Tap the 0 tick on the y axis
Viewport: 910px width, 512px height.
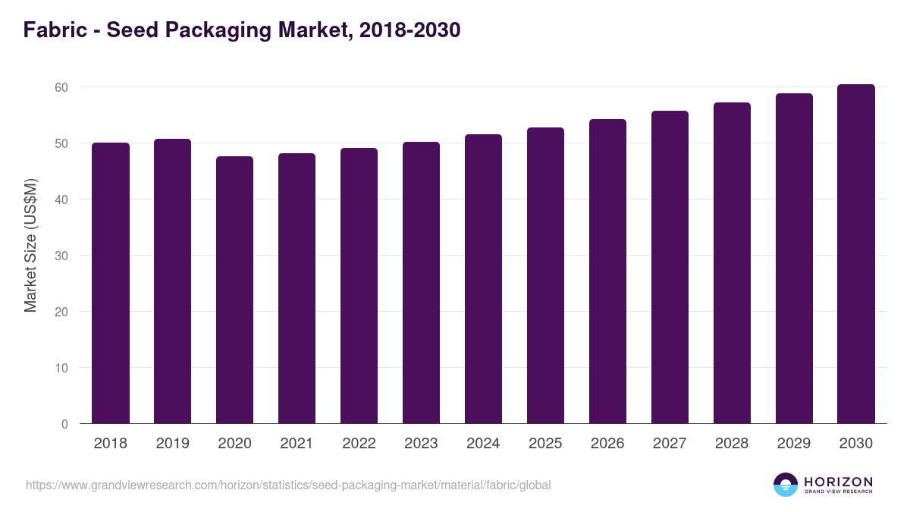click(x=64, y=424)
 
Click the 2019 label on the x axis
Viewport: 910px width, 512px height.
click(x=173, y=444)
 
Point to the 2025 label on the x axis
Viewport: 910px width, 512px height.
click(x=545, y=444)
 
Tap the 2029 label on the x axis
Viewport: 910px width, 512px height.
click(x=794, y=444)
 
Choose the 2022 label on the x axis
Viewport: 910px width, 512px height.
click(x=359, y=444)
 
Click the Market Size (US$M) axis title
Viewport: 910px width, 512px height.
click(x=30, y=245)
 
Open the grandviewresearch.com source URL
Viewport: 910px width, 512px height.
click(x=288, y=485)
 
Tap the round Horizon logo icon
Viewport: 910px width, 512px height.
click(x=786, y=485)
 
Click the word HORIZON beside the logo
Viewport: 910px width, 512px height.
click(x=838, y=482)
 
